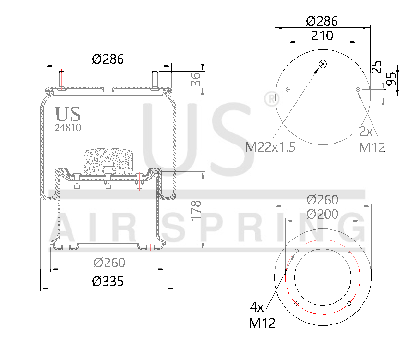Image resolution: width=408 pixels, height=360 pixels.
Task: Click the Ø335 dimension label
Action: point(108,282)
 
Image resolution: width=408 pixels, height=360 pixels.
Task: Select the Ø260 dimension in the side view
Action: point(109,263)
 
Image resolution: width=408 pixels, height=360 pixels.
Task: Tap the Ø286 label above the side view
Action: point(108,60)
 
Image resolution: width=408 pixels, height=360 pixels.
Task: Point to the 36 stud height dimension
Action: point(196,79)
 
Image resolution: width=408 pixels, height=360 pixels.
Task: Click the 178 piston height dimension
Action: point(196,210)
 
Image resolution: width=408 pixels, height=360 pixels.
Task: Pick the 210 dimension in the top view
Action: point(322,36)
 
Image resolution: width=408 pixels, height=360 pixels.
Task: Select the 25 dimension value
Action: point(377,66)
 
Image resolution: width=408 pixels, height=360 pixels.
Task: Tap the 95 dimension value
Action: point(392,78)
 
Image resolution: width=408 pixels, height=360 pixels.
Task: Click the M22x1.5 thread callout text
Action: point(271,147)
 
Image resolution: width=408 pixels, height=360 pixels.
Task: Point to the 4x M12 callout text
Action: point(262,315)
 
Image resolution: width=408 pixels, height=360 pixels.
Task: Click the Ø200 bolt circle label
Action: point(322,214)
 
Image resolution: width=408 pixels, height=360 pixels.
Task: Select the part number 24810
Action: point(67,128)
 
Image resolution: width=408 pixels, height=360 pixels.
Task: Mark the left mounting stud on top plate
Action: point(61,79)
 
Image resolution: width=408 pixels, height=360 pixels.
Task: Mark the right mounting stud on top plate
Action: point(155,79)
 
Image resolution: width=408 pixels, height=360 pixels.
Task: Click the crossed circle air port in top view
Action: point(323,64)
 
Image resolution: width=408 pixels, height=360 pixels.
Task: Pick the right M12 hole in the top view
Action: point(358,89)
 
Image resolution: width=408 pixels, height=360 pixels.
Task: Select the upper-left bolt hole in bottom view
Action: point(296,252)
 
